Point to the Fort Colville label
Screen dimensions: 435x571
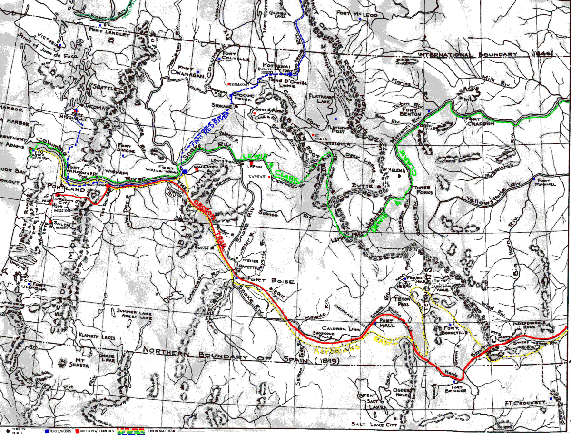(x=236, y=57)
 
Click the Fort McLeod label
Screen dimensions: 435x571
(x=356, y=15)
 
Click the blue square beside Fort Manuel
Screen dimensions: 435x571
(x=535, y=179)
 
